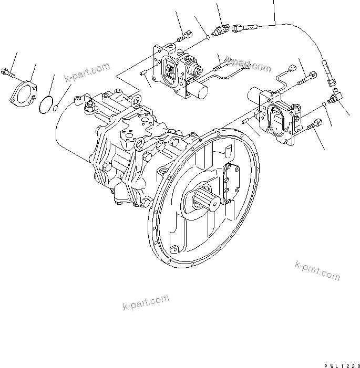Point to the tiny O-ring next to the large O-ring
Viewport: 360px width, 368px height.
click(57, 108)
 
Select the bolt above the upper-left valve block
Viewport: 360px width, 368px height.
click(183, 37)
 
